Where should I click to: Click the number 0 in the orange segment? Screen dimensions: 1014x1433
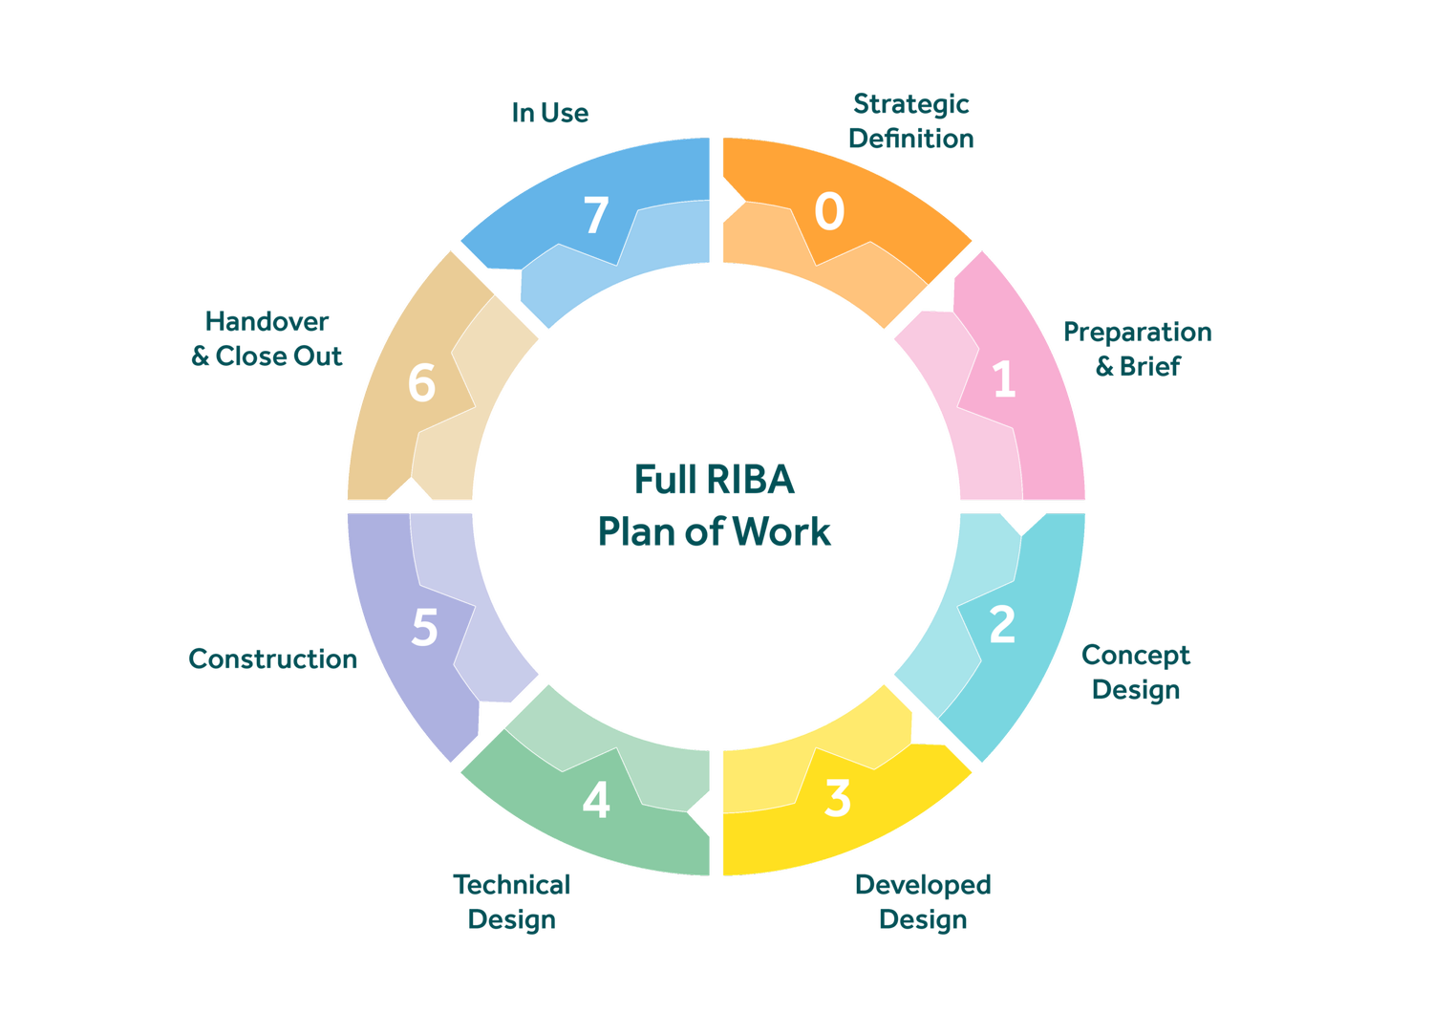pyautogui.click(x=829, y=211)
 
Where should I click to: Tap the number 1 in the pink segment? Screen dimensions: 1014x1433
pyautogui.click(x=1003, y=379)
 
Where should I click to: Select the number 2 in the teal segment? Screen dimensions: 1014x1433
pyautogui.click(x=1002, y=625)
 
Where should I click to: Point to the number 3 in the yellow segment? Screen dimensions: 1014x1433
pyautogui.click(x=837, y=798)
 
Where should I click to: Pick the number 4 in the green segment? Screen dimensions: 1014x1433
pyautogui.click(x=596, y=800)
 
